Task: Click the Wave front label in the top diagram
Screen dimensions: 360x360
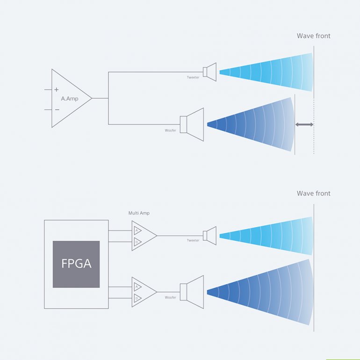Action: (313, 36)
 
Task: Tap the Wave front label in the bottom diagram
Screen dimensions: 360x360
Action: (313, 194)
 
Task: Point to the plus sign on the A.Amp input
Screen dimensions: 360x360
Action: (57, 89)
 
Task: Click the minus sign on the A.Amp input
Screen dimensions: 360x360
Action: (57, 109)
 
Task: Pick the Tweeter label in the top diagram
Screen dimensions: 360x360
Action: (193, 77)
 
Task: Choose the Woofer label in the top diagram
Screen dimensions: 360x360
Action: (171, 130)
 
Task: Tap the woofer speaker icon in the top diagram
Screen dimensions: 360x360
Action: (193, 124)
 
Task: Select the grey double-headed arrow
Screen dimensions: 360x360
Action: (304, 124)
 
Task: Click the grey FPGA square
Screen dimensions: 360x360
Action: (76, 264)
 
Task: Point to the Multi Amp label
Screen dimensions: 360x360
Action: (139, 213)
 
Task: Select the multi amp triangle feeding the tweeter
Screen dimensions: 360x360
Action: (143, 236)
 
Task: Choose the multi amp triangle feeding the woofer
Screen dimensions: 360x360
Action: (143, 291)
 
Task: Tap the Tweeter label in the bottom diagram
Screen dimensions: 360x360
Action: (193, 240)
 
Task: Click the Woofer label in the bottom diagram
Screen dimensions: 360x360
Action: (171, 297)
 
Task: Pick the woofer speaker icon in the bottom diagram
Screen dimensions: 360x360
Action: (193, 292)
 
